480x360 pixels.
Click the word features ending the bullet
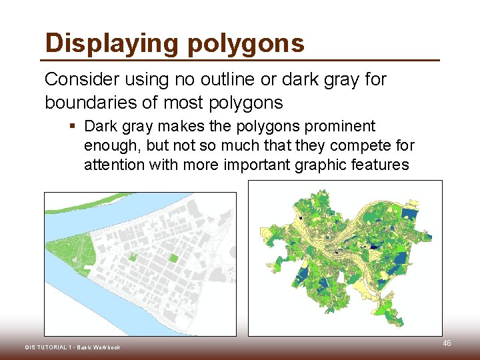pyautogui.click(x=383, y=165)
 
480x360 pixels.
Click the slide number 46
pyautogui.click(x=447, y=343)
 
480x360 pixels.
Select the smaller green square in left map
pyautogui.click(x=133, y=257)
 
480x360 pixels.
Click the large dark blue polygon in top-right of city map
pyautogui.click(x=410, y=215)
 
